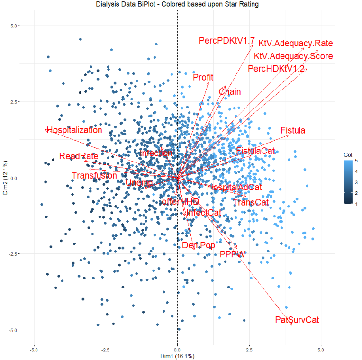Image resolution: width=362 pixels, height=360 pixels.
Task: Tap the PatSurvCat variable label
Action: pyautogui.click(x=297, y=320)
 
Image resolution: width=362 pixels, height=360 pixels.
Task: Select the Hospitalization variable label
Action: pyautogui.click(x=74, y=130)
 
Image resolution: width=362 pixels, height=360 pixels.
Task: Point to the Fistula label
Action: pyautogui.click(x=293, y=130)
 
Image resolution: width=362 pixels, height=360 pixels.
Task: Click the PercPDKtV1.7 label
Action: pyautogui.click(x=227, y=41)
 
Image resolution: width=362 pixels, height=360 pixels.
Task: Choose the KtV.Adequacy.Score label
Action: pyautogui.click(x=293, y=56)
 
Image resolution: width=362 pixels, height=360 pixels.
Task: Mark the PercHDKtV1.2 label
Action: pyautogui.click(x=276, y=69)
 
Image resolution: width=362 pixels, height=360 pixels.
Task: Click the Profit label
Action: pyautogui.click(x=203, y=77)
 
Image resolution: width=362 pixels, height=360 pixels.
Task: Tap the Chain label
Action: pyautogui.click(x=229, y=92)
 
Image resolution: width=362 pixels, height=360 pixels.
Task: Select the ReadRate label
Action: pyautogui.click(x=79, y=156)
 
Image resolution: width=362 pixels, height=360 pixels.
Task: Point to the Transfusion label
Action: pyautogui.click(x=94, y=176)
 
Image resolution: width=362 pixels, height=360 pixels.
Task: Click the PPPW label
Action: pyautogui.click(x=233, y=255)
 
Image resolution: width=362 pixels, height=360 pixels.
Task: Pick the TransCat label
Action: pyautogui.click(x=251, y=203)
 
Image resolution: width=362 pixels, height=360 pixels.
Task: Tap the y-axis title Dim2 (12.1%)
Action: pyautogui.click(x=6, y=178)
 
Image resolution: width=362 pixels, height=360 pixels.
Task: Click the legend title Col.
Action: pyautogui.click(x=349, y=155)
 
